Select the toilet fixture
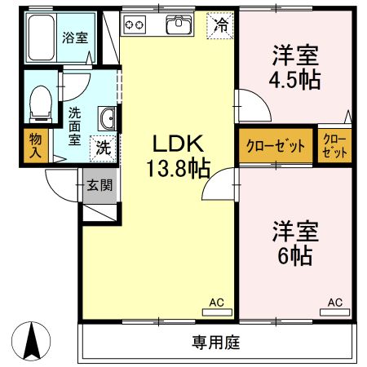click(38, 103)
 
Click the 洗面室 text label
click(75, 126)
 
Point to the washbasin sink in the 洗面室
click(107, 119)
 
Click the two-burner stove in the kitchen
click(134, 25)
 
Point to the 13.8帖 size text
click(179, 169)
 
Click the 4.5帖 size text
click(294, 80)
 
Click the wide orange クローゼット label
click(276, 147)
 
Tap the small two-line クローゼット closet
click(334, 146)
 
